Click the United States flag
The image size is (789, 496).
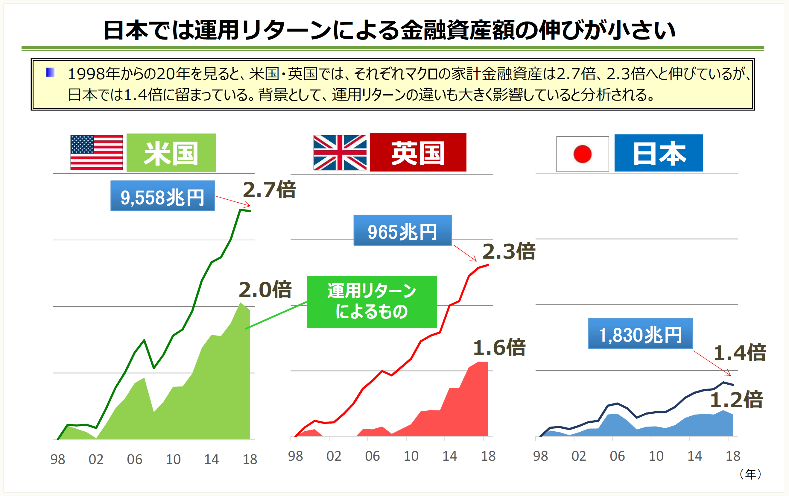(x=96, y=152)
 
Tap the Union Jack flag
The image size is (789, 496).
(x=340, y=152)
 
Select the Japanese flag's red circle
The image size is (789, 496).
(x=582, y=154)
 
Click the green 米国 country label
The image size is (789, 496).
(x=171, y=153)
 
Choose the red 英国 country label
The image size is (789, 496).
(x=418, y=152)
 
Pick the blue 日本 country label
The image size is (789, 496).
(x=658, y=153)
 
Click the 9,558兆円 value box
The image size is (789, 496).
(x=162, y=196)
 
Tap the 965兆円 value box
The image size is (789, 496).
(x=402, y=230)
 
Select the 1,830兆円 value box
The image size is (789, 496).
(x=640, y=334)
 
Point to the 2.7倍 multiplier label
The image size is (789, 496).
(x=269, y=190)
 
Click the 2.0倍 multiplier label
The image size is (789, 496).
(x=265, y=290)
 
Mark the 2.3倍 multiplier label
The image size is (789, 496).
(x=509, y=252)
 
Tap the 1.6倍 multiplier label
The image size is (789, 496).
(x=499, y=348)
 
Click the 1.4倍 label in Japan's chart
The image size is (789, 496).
(x=740, y=353)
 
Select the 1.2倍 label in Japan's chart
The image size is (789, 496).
(x=736, y=400)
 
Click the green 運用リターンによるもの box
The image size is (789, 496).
(x=372, y=302)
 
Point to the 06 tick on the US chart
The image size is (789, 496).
(x=134, y=459)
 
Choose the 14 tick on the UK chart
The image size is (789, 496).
(x=449, y=456)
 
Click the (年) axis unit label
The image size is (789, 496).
(x=751, y=474)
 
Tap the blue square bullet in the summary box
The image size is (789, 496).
(x=50, y=72)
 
